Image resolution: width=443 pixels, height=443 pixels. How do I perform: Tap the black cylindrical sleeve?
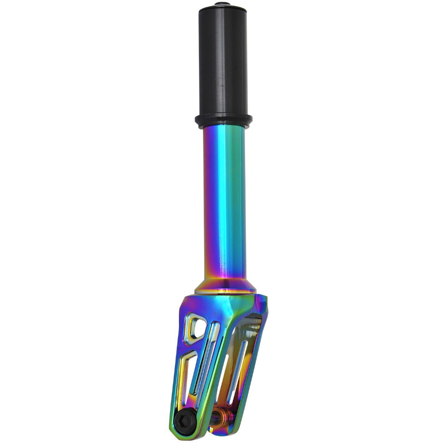tap(223, 62)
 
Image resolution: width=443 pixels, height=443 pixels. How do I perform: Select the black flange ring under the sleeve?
tap(223, 120)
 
